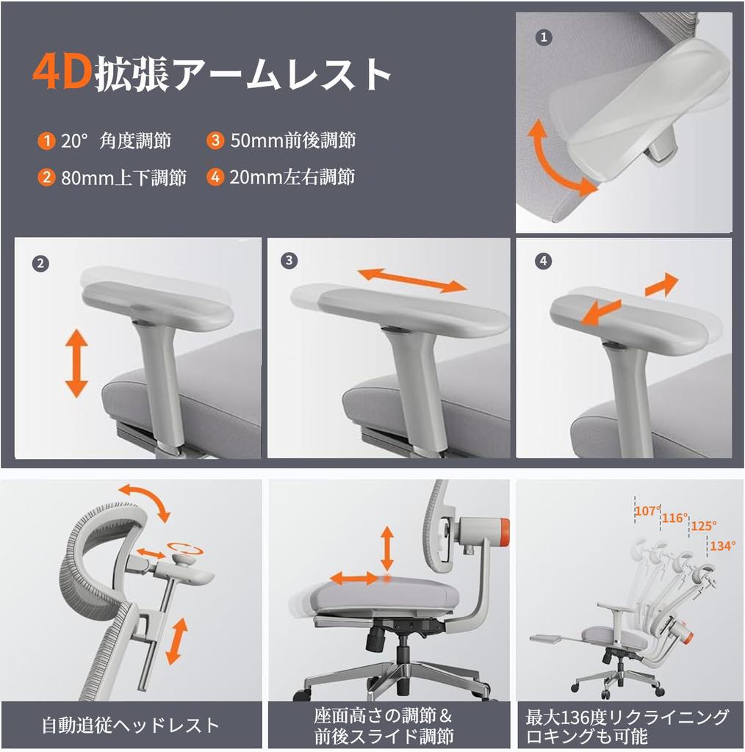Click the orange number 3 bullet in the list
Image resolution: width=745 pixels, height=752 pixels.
[x=215, y=140]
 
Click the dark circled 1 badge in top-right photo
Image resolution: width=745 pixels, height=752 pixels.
[x=544, y=37]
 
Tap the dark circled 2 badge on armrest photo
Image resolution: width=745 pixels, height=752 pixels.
[x=41, y=263]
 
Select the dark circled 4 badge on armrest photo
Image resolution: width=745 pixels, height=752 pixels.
[x=544, y=261]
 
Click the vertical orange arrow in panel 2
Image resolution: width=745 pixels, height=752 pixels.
[x=76, y=364]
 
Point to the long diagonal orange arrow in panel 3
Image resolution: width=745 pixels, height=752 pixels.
[x=412, y=280]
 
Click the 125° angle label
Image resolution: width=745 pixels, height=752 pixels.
[x=702, y=527]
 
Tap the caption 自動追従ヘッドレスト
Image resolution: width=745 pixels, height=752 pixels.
[x=130, y=726]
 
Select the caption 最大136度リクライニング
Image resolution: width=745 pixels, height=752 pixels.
[x=627, y=717]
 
